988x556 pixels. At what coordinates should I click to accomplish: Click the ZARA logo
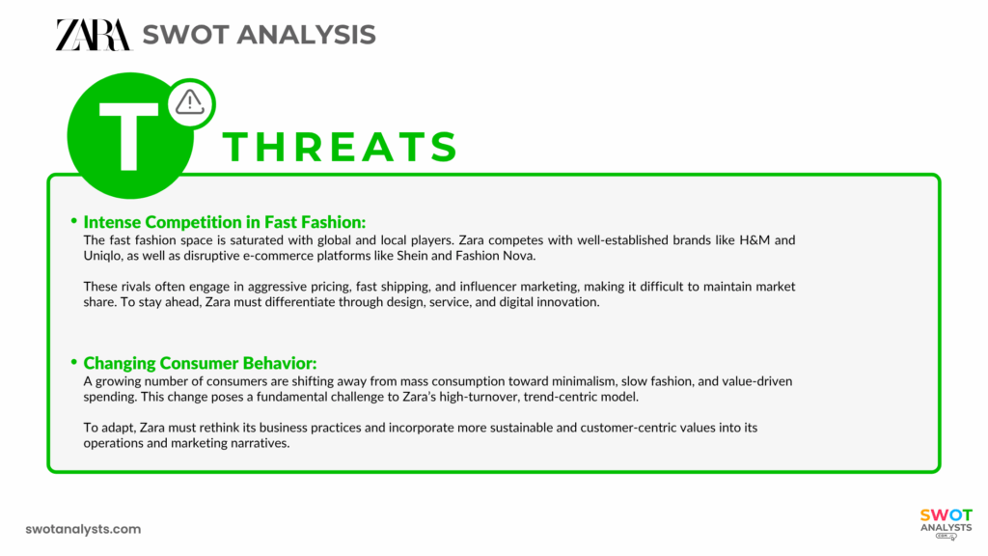pos(92,35)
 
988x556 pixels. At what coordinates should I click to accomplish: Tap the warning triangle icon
pos(191,99)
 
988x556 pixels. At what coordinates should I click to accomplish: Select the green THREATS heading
pos(341,147)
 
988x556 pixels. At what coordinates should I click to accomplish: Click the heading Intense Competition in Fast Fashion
pos(225,221)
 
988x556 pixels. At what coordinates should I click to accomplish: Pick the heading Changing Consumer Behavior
pos(200,363)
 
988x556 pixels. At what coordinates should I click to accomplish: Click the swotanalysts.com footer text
pos(83,529)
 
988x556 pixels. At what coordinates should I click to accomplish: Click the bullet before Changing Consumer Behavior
pos(73,363)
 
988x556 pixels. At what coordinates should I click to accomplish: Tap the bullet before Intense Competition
pos(73,221)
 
